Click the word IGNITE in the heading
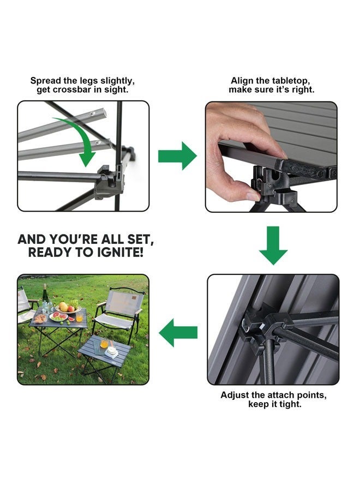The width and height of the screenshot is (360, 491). (119, 253)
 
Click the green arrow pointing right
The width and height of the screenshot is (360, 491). (177, 155)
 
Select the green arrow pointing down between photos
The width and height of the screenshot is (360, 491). (273, 245)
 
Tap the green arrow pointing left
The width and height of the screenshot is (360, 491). (178, 333)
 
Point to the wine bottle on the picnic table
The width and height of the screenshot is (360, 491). (45, 297)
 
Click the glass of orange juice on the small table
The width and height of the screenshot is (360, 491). (104, 343)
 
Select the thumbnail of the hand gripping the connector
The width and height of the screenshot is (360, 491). (271, 157)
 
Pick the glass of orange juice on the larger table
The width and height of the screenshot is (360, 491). (79, 318)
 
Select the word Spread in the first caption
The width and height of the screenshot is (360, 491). (45, 81)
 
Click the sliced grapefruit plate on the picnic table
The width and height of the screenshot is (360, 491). (59, 316)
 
